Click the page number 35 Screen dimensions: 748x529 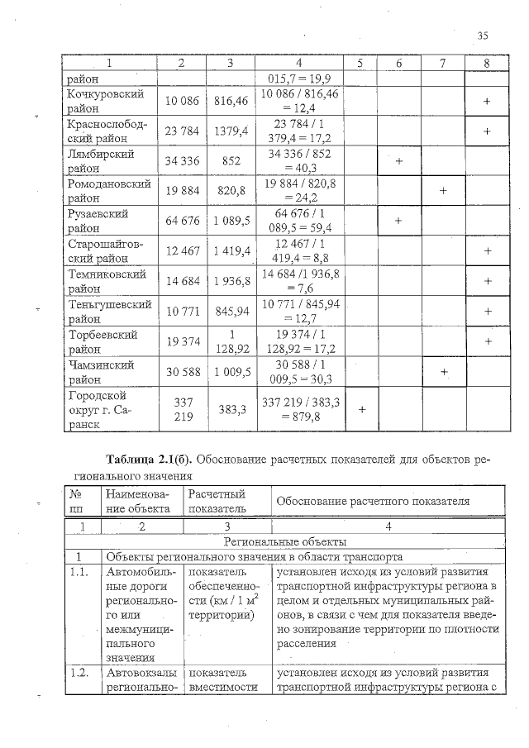(x=484, y=35)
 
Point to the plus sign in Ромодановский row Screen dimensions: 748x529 (x=442, y=191)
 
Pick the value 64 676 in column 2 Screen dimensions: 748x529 (x=181, y=221)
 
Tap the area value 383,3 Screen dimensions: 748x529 (x=231, y=408)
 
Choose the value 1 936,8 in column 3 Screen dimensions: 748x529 (x=231, y=281)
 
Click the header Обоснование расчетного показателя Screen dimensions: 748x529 (x=373, y=501)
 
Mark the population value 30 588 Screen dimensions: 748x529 (x=181, y=371)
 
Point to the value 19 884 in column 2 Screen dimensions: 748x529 (x=181, y=191)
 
